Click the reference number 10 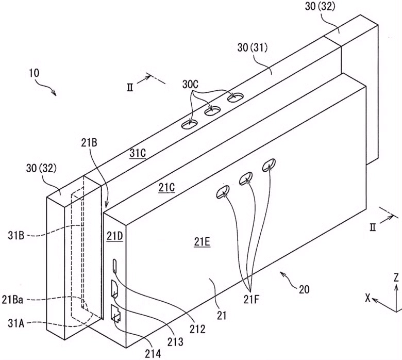(35, 73)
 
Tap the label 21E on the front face (202, 242)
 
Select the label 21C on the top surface (166, 188)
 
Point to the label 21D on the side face (115, 236)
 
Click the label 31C (138, 153)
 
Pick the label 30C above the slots (191, 85)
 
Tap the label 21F (252, 299)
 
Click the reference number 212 (197, 329)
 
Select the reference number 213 (175, 341)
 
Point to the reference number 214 (153, 354)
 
